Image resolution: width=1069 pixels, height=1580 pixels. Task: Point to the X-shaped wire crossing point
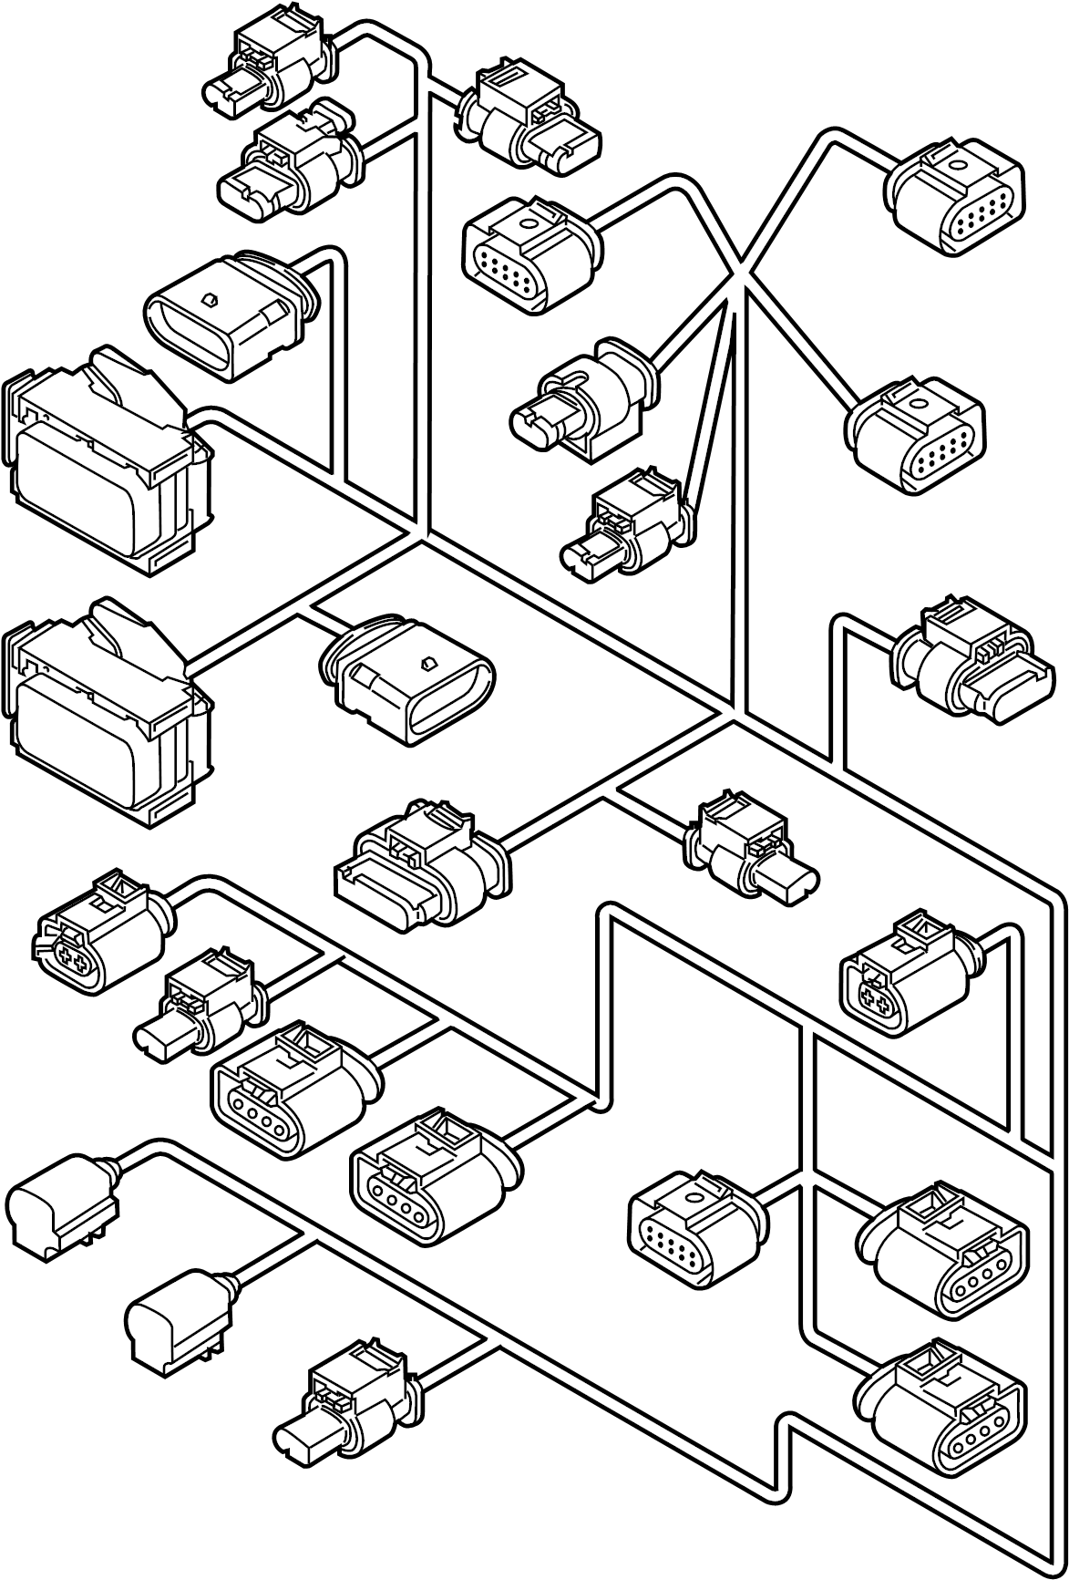(x=740, y=271)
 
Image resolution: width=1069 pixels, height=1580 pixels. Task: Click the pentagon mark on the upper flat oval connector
(x=211, y=299)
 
